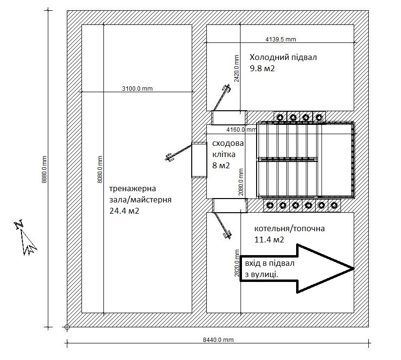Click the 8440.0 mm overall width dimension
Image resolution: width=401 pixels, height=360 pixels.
coord(218,340)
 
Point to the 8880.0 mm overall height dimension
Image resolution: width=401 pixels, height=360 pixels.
coord(44,169)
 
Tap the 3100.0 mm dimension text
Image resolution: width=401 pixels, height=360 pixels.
coord(137,89)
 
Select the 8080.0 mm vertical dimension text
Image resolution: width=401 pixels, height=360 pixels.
coord(100,169)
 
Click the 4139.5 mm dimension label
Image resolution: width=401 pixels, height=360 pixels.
coord(281,40)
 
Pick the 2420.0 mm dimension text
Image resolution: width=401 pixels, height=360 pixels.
coord(237,68)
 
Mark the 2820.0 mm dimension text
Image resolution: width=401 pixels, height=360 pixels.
coord(237,263)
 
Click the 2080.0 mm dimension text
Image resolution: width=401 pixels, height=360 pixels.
coord(241,182)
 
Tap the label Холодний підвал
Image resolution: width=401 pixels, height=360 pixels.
coord(283,58)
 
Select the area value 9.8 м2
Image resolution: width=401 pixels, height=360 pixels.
coord(262,68)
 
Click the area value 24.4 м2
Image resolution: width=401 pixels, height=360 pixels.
coord(124,211)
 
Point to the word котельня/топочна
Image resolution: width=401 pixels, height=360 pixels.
coord(289,228)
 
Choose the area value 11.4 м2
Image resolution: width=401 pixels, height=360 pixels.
coord(269,240)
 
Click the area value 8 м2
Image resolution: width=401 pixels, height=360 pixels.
coord(221,165)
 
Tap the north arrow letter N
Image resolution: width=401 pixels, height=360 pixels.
coord(19,224)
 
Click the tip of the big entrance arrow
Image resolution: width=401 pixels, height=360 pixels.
coord(354,268)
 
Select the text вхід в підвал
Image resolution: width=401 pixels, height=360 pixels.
coord(270,263)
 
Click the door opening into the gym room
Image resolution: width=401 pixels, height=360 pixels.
coord(199,160)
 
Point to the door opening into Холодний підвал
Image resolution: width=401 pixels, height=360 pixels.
coord(229,118)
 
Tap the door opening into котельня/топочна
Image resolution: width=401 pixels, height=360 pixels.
coord(230,205)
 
